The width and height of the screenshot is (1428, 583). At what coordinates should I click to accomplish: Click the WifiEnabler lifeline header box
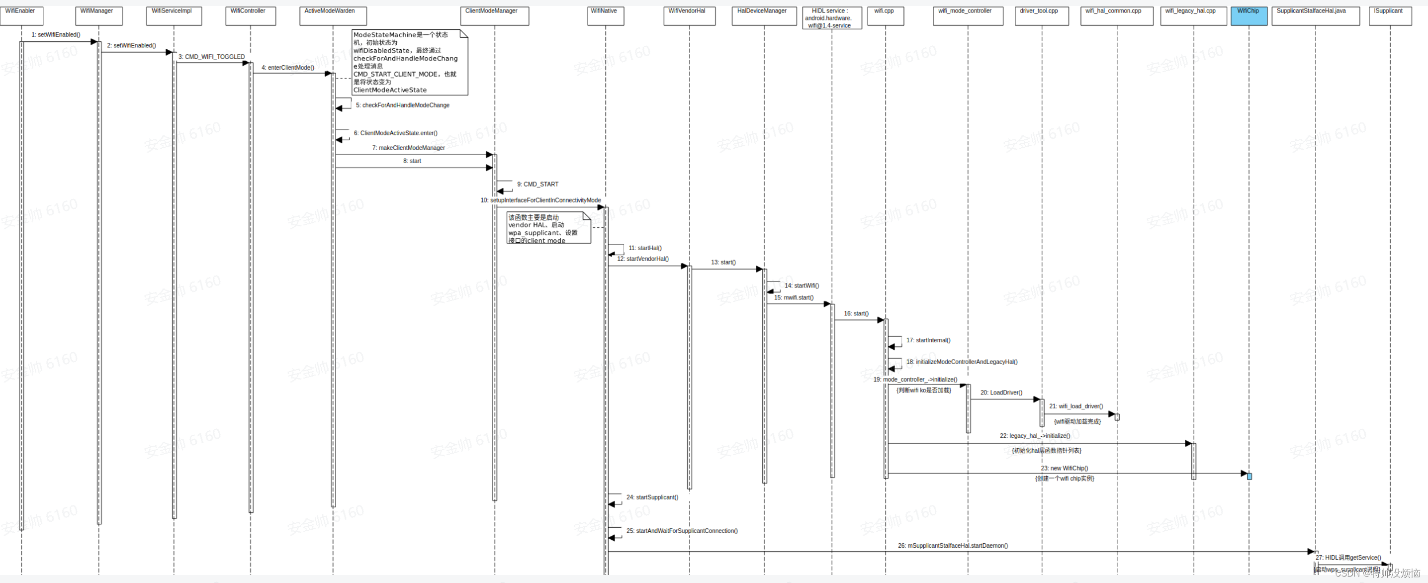[21, 15]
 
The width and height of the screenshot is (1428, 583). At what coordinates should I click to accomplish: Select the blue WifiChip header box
[1249, 15]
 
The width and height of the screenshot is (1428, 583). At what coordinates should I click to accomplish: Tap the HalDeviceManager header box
[763, 15]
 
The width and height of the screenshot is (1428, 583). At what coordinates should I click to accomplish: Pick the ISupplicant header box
[1389, 15]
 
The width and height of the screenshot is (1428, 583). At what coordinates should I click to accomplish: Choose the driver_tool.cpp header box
[1041, 15]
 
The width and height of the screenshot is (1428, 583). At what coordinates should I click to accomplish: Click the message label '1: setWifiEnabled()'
[55, 35]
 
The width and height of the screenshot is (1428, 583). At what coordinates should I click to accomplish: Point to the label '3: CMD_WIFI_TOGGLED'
[211, 57]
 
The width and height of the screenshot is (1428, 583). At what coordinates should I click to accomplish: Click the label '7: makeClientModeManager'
[409, 148]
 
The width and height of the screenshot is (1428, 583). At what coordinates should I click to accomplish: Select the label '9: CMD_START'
[537, 184]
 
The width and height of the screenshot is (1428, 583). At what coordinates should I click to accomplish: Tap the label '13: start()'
[723, 262]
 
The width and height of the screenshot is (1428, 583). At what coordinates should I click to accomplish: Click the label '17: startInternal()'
[928, 341]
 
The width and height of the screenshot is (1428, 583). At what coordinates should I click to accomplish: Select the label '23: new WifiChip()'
[1065, 469]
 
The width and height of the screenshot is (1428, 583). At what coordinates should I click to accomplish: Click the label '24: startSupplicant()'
[652, 497]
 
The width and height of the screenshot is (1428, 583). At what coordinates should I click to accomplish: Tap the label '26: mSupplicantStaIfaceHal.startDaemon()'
[952, 546]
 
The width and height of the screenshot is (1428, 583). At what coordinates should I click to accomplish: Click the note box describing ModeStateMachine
[409, 62]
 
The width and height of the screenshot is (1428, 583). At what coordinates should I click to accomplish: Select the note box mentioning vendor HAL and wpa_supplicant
[548, 228]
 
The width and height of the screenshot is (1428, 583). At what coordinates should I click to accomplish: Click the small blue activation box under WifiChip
[1249, 477]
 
